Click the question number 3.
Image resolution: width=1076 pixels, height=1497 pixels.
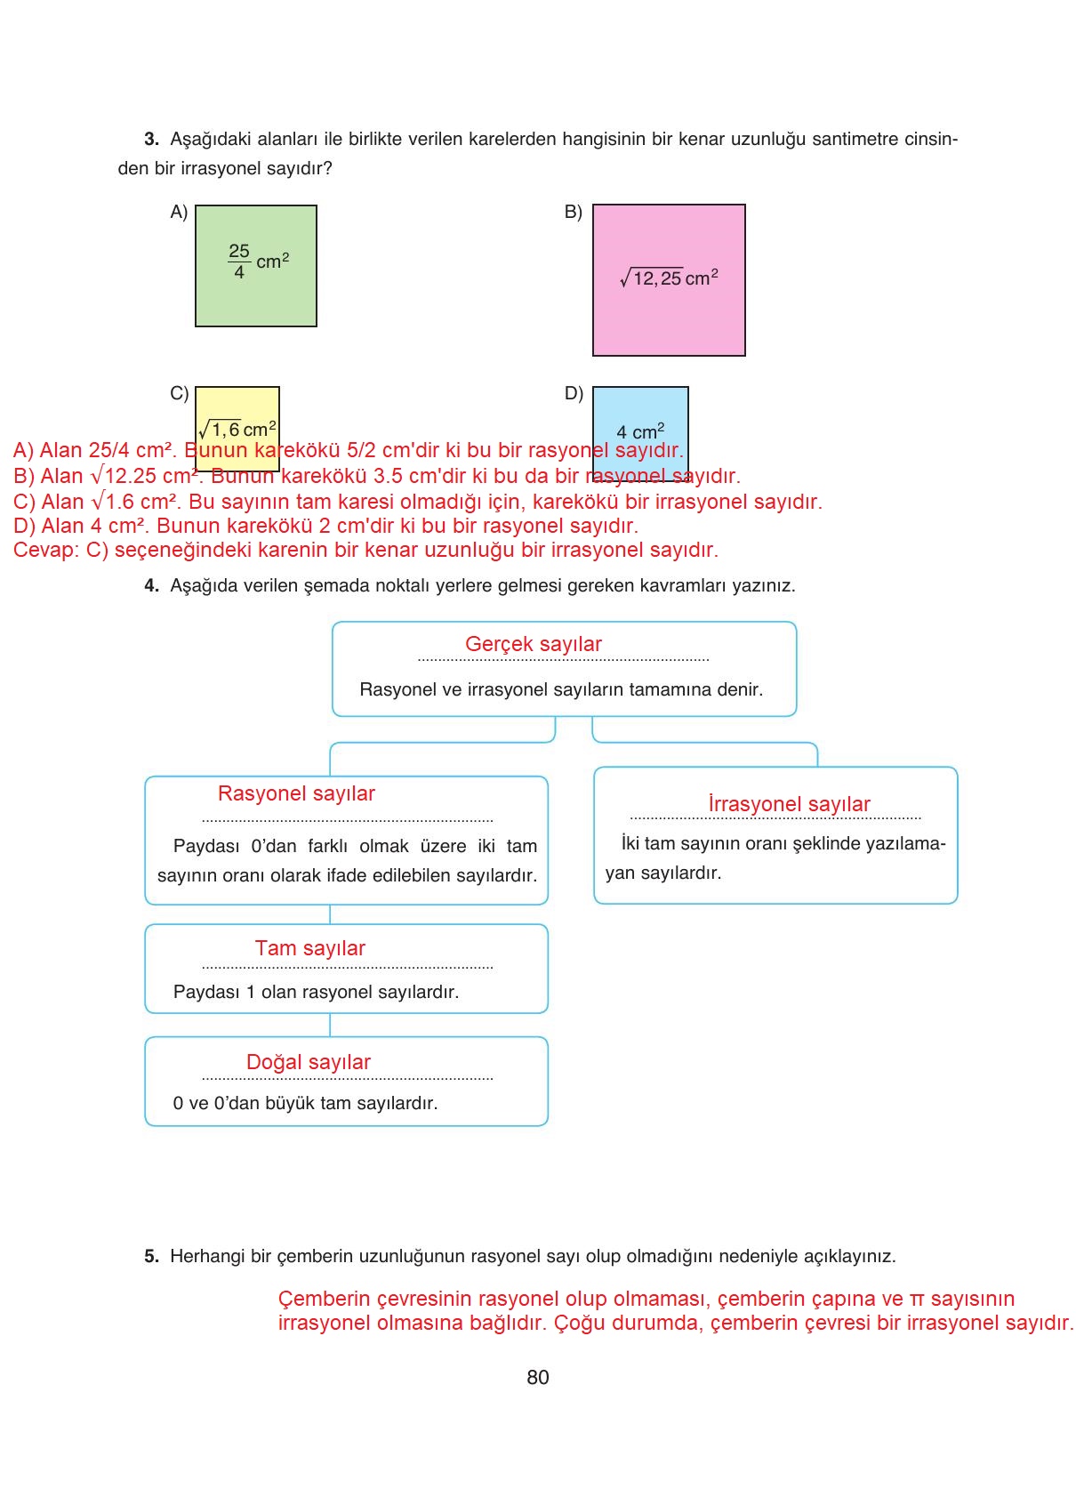pos(151,139)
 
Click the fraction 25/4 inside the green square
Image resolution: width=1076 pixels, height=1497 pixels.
pos(239,262)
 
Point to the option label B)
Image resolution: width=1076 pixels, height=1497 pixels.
pos(574,212)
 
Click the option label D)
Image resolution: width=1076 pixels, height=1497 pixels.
pos(574,393)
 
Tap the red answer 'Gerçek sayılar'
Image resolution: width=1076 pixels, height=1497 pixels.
pos(533,644)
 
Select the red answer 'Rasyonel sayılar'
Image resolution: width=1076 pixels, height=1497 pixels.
pos(296,793)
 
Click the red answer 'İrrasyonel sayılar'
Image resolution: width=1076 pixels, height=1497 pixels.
pos(789,804)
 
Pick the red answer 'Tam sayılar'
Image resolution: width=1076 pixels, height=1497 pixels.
pos(309,948)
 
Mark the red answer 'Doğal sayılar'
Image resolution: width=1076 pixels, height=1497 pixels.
pos(308,1062)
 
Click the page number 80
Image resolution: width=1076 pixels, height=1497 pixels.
pos(538,1378)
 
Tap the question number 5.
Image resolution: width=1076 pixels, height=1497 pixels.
pos(151,1256)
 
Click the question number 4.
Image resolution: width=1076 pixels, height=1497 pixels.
pos(151,585)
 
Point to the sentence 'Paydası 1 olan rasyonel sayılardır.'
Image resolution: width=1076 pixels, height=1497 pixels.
pos(316,992)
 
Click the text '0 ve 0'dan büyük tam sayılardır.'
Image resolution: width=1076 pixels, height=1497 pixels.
pos(305,1103)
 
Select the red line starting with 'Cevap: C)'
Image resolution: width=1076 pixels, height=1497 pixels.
pos(365,550)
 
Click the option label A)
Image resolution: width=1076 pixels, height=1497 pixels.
pos(179,212)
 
